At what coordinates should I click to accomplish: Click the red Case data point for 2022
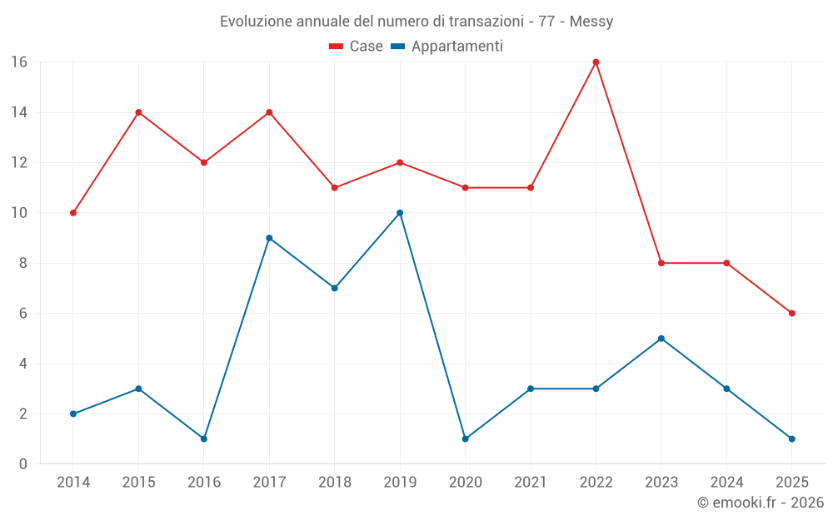pos(596,62)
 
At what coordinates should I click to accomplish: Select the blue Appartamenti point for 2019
pos(400,213)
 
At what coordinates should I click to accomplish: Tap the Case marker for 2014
pos(73,213)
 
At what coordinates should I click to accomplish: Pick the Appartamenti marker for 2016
pos(204,438)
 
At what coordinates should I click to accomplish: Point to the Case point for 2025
pos(791,314)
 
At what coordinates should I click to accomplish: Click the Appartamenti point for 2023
pos(661,339)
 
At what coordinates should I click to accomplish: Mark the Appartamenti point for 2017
pos(269,238)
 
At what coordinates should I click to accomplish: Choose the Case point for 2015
pos(138,112)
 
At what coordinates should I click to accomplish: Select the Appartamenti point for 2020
pos(465,438)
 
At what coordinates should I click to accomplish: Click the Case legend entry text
pos(366,47)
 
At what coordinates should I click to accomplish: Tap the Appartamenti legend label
pos(456,47)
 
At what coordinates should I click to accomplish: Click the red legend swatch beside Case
pos(336,47)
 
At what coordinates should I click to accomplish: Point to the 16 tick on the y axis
pos(18,62)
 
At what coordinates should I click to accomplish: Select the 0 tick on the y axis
pos(22,464)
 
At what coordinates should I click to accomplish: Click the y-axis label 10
pos(18,213)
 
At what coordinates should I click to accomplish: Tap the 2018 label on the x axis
pos(334,483)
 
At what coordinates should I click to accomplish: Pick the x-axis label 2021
pos(531,483)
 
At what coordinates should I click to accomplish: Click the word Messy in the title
pos(591,22)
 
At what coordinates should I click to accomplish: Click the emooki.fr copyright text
pos(761,503)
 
